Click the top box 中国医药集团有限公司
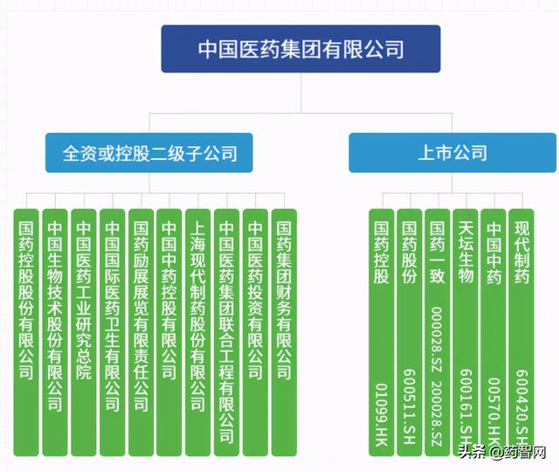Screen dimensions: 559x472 tap(300, 49)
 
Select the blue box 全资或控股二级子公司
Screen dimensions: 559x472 tap(149, 153)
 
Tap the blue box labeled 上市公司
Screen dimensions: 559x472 tap(452, 153)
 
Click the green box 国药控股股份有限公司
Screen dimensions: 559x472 tap(26, 332)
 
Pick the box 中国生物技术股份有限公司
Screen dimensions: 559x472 tap(55, 332)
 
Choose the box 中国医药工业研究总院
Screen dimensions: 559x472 tap(84, 332)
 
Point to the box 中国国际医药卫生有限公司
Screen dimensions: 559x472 tap(113, 332)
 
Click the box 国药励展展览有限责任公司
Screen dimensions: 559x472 tap(141, 332)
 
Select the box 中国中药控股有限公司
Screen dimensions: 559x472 tap(169, 332)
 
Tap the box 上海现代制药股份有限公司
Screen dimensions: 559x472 tap(198, 332)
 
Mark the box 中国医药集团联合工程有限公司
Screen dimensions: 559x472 tap(227, 332)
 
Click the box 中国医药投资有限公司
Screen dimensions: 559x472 tap(255, 332)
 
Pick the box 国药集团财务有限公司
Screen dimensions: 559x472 tap(284, 332)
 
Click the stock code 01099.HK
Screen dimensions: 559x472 tap(382, 414)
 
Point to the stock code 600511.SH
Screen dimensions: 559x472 tap(410, 406)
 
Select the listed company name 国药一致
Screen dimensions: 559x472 tap(437, 253)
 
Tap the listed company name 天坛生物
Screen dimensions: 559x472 tap(466, 253)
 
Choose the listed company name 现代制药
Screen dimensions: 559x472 tap(521, 253)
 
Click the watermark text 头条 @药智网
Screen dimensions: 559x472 tap(502, 452)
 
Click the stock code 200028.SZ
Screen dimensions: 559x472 tap(437, 413)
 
